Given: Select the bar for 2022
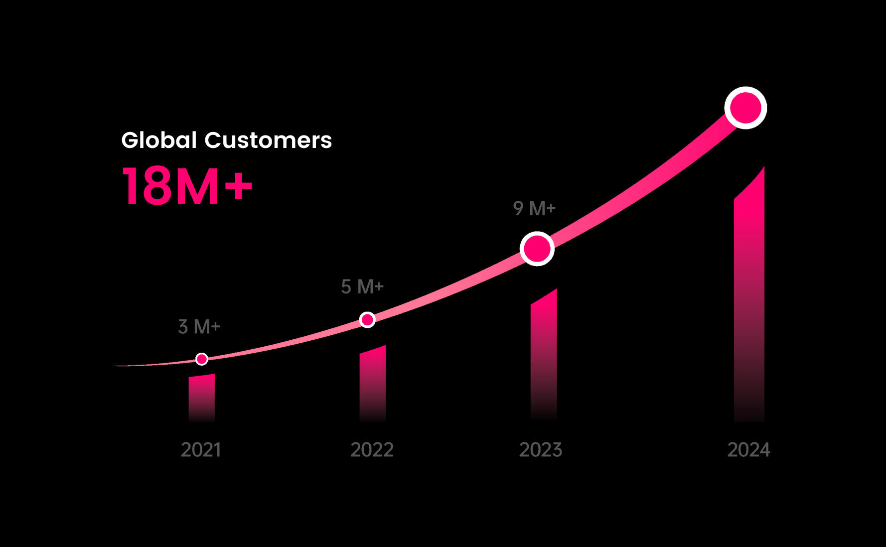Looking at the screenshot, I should click(373, 384).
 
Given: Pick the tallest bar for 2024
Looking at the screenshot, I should click(749, 299).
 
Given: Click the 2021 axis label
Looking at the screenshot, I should click(201, 450).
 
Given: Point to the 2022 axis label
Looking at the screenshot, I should click(372, 450).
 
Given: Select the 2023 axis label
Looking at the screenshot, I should click(541, 450).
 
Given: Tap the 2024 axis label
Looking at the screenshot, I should click(748, 450).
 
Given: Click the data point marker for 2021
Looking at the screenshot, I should click(202, 359).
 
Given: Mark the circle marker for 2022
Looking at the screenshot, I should click(367, 320).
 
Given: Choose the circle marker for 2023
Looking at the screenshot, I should click(537, 249).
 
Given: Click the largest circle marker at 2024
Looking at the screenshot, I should click(745, 108).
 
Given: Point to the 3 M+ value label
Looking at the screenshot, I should click(199, 327).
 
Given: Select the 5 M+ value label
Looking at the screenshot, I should click(362, 286).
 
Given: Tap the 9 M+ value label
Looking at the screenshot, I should click(534, 208).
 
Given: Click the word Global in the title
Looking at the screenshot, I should click(159, 140).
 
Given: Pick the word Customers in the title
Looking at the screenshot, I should click(268, 140).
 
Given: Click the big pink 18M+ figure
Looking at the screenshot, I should click(187, 186).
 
